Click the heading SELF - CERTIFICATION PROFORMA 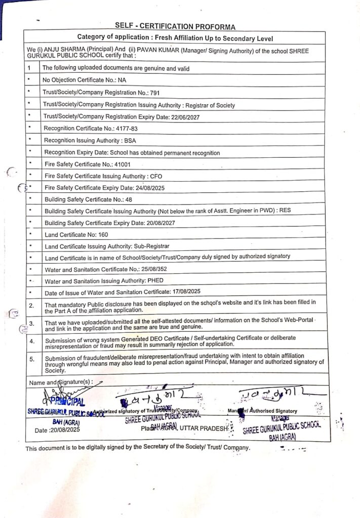pyautogui.click(x=175, y=26)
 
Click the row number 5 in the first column pyautogui.click(x=31, y=360)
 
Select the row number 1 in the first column pyautogui.click(x=29, y=68)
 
